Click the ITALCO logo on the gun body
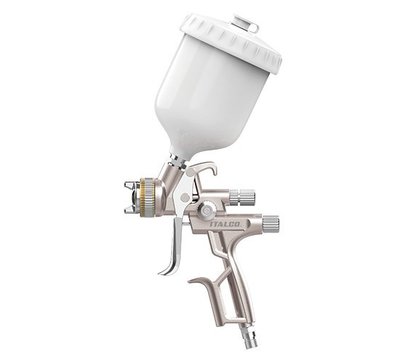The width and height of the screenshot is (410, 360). [225, 224]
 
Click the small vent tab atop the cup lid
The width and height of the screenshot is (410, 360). [246, 23]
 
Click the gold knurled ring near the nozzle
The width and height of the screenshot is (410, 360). [146, 197]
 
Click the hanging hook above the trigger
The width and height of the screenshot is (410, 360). [204, 168]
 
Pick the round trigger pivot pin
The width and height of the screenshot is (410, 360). [184, 198]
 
